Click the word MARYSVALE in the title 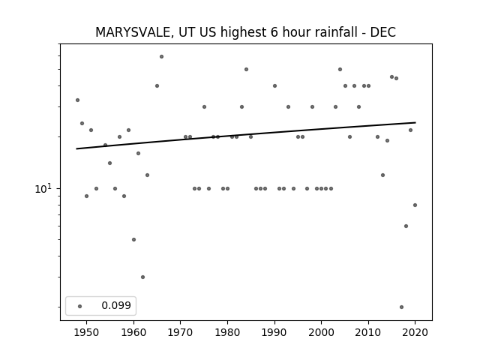[135, 32]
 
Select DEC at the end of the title [383, 32]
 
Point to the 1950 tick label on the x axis [87, 332]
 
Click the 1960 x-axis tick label [133, 332]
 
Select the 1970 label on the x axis [180, 332]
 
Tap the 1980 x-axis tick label [227, 332]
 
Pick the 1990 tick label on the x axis [274, 332]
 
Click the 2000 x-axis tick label [321, 332]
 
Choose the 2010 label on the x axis [368, 332]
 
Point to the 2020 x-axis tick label [415, 332]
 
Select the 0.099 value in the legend [116, 305]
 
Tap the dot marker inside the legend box [79, 306]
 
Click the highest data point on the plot [162, 57]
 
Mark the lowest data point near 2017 [401, 307]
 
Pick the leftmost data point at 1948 [77, 100]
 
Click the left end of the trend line [76, 148]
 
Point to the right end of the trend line [415, 122]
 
